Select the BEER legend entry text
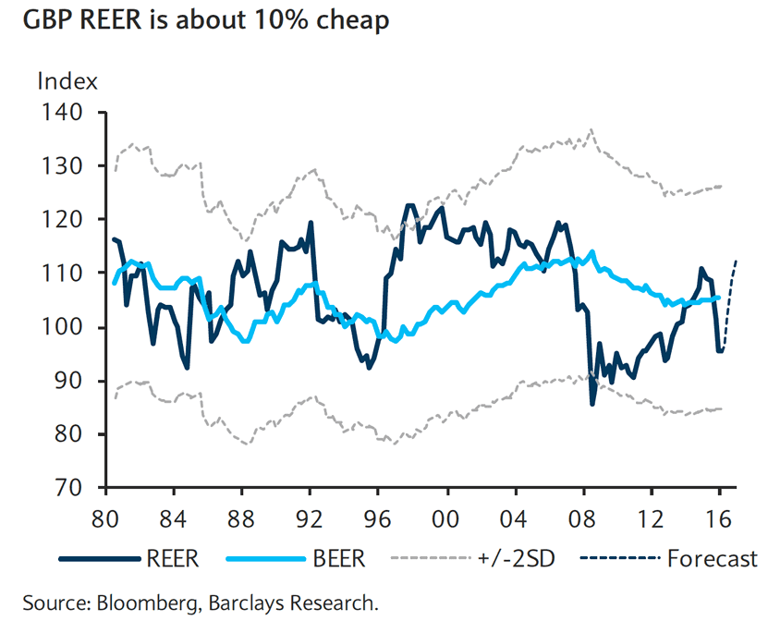pyautogui.click(x=339, y=559)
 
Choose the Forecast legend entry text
pyautogui.click(x=712, y=559)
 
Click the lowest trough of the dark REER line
pyautogui.click(x=591, y=404)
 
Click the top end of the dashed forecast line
pyautogui.click(x=736, y=262)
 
